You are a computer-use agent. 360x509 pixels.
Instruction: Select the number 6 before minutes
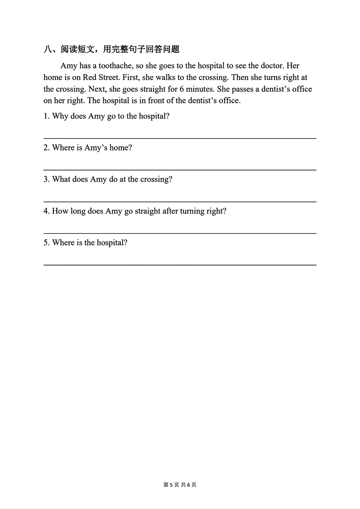click(x=181, y=89)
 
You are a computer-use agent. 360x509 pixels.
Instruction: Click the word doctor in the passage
click(x=272, y=66)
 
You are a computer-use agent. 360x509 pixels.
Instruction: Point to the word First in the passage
click(x=131, y=77)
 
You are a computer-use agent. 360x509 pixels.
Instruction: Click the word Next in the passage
click(x=96, y=89)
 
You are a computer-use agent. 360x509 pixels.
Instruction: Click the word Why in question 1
click(x=60, y=116)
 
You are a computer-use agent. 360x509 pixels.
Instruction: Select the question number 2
click(x=46, y=148)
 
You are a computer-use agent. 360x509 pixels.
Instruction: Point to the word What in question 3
click(x=61, y=179)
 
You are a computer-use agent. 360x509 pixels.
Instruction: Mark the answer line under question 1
click(x=180, y=138)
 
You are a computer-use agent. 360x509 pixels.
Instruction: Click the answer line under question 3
click(x=180, y=201)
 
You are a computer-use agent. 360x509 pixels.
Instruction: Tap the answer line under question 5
click(x=180, y=265)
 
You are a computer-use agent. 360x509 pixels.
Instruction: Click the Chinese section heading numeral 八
click(x=48, y=49)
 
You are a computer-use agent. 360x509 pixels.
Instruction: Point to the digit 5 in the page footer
click(x=171, y=485)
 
